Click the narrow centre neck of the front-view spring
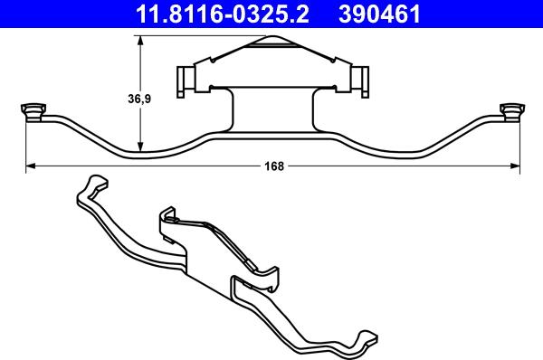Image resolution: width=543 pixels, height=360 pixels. pos(273,113)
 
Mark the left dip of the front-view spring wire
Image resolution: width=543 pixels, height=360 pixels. pos(136,152)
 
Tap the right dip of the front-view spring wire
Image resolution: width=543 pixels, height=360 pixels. pos(412,152)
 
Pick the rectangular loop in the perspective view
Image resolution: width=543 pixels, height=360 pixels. pos(249,294)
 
